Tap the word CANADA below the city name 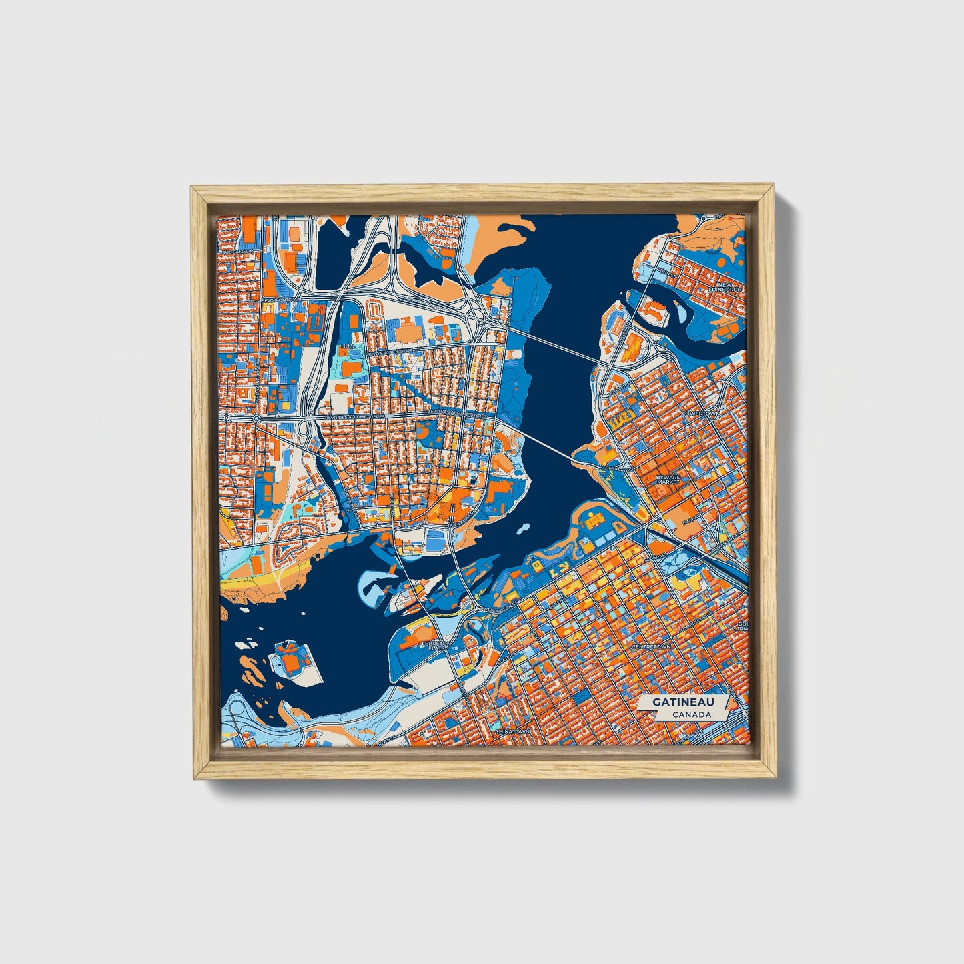[x=691, y=715]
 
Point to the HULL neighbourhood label [x=347, y=347]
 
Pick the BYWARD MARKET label [x=668, y=480]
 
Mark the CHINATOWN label [x=512, y=732]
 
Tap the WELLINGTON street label [x=496, y=609]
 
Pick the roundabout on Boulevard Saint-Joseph [x=256, y=418]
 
